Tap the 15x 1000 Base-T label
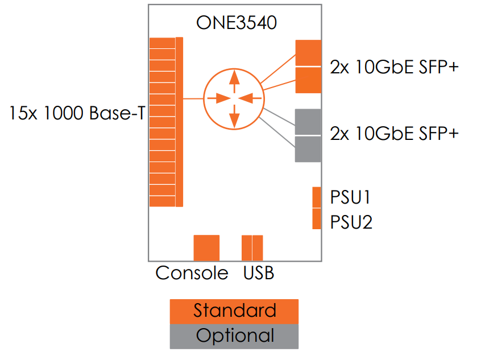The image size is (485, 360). [76, 113]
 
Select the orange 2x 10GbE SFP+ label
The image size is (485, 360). [394, 67]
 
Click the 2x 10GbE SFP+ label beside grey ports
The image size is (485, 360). [394, 134]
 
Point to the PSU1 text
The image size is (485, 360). [351, 197]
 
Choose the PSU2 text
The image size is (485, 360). [351, 221]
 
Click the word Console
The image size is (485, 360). [192, 273]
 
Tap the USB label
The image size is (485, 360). [259, 273]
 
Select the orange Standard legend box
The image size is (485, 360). [234, 311]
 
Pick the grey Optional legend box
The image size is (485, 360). [234, 336]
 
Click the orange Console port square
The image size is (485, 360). [206, 247]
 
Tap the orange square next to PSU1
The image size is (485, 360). [317, 197]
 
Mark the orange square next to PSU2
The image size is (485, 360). [317, 219]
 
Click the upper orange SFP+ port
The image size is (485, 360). [308, 53]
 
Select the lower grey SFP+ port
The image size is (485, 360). [308, 149]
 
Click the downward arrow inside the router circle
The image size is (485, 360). [233, 117]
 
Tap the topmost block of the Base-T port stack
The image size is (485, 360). [162, 43]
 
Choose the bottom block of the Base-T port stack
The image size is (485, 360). [162, 201]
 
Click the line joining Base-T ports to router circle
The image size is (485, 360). [193, 99]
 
